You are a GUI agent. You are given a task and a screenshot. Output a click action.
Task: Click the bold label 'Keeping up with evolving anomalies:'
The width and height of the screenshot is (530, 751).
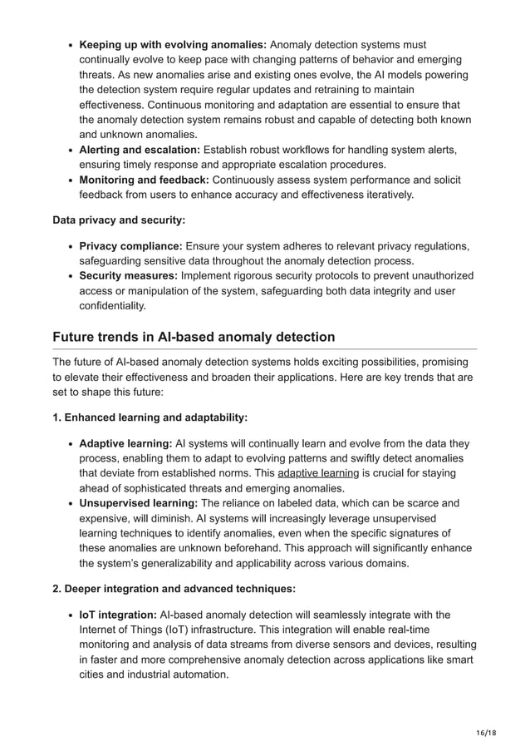click(172, 44)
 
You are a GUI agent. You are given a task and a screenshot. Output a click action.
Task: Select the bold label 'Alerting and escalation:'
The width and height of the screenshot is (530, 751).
click(139, 150)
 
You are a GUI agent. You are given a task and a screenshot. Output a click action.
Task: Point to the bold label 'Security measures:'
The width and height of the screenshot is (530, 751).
click(130, 275)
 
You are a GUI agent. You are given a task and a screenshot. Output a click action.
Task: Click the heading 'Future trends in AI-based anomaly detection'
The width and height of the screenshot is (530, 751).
click(194, 337)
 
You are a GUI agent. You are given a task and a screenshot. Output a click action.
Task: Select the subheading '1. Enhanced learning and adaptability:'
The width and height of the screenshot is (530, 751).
click(150, 417)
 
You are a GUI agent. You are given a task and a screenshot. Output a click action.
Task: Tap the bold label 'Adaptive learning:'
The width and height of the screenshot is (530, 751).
click(125, 443)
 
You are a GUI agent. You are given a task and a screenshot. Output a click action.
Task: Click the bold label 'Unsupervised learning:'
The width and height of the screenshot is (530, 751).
click(138, 503)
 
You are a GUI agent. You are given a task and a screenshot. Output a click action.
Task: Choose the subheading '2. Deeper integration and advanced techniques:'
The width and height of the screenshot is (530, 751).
click(174, 589)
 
